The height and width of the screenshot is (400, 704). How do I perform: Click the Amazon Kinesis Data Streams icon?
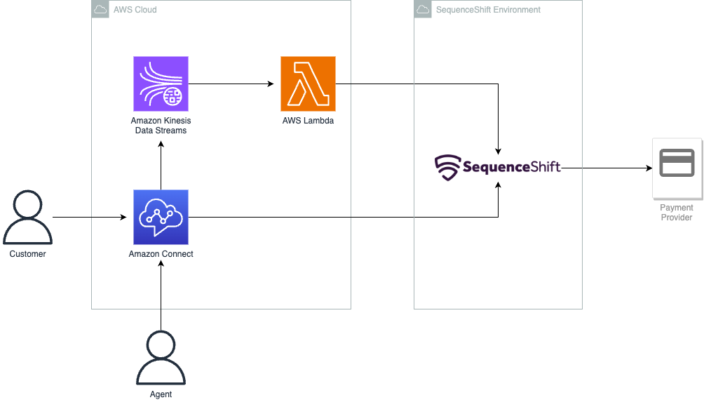tap(161, 84)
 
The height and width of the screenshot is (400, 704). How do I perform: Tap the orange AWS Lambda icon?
tap(308, 84)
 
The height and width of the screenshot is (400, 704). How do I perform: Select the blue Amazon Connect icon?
tap(161, 217)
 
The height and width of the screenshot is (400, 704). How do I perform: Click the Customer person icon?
tap(28, 220)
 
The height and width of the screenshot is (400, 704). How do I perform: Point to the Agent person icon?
tap(161, 357)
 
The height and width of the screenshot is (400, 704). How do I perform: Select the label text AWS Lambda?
tap(308, 121)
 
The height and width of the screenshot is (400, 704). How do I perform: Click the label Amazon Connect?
tap(161, 254)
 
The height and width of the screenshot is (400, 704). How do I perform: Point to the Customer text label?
tap(28, 254)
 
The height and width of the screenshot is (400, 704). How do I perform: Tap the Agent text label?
tap(161, 394)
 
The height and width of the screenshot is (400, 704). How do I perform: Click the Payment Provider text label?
tap(677, 213)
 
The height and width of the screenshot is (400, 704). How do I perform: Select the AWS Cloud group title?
tap(135, 10)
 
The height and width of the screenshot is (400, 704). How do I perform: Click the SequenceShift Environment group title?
tap(488, 10)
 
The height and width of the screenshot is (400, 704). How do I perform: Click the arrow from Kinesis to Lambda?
tap(231, 84)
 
